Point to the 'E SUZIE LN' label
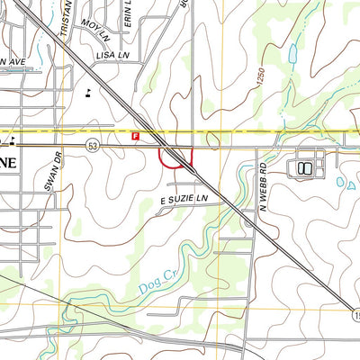click(184, 198)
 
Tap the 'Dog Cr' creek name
click(155, 283)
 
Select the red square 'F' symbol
click(136, 136)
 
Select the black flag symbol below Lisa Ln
click(87, 94)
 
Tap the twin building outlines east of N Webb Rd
click(303, 167)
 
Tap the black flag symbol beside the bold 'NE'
click(13, 139)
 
